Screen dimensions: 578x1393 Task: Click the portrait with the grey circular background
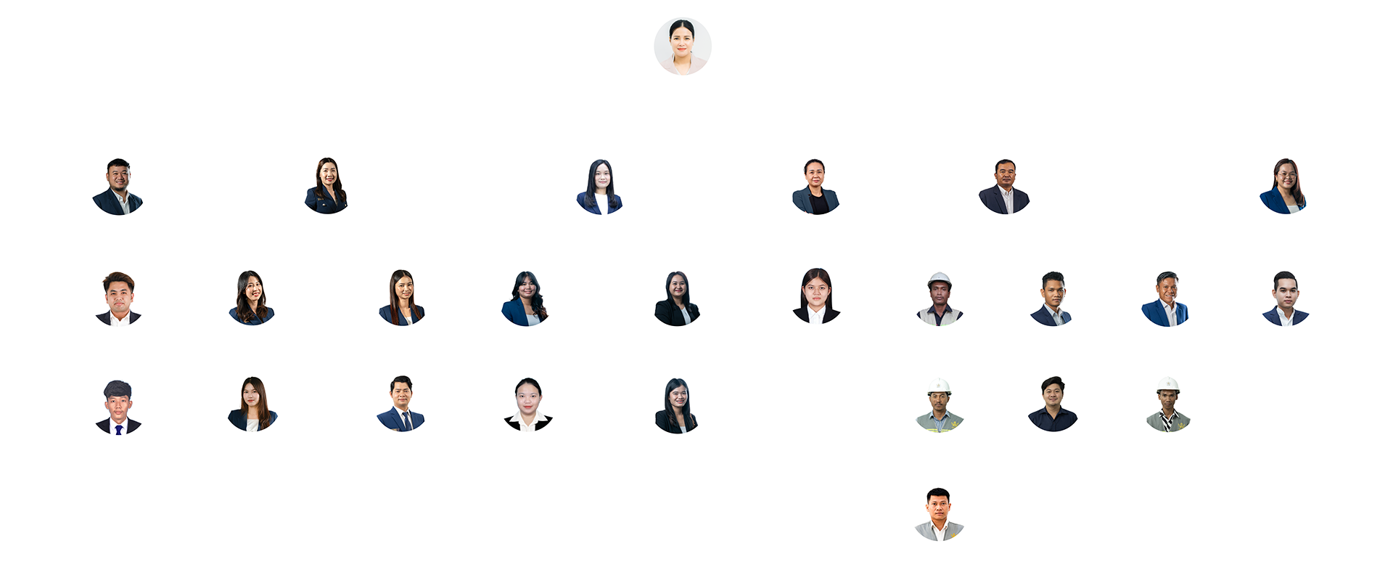682,46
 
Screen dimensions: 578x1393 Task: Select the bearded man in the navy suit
118,187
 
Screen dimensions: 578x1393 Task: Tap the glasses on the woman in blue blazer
1286,175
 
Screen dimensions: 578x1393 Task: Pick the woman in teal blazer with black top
815,187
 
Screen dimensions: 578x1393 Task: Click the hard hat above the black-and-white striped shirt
1167,384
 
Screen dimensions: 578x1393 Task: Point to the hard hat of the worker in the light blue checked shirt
940,386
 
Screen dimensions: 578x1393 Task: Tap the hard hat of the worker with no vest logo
940,279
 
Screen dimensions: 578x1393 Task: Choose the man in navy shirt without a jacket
1052,404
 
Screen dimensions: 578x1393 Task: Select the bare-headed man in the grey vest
939,515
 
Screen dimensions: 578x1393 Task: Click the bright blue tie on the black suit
118,429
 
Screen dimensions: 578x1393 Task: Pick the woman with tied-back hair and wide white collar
527,404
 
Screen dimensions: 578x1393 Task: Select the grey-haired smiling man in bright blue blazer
1165,299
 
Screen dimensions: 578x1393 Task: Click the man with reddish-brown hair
118,298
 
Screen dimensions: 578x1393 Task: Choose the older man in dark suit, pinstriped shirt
1004,187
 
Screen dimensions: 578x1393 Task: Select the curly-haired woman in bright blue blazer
525,298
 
